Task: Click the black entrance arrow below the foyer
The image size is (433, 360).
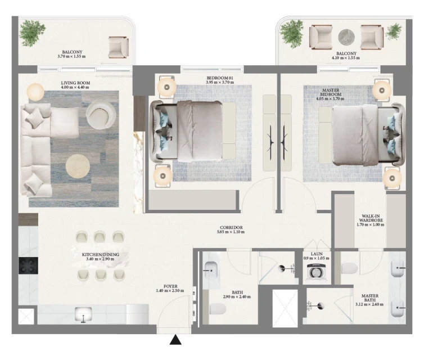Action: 175,340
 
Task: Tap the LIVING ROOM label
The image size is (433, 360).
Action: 75,83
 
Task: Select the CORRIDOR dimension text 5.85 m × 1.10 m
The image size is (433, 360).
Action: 231,232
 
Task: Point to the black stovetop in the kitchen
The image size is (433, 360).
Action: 28,265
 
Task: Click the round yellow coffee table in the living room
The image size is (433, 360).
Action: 78,166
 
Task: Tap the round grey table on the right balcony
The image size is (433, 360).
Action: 346,37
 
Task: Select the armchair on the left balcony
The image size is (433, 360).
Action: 118,47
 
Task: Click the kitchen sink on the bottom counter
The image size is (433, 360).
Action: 83,314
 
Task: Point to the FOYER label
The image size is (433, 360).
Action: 170,286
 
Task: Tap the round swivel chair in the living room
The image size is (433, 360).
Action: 101,114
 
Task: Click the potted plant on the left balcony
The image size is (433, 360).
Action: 33,33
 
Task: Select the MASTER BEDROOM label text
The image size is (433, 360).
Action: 331,92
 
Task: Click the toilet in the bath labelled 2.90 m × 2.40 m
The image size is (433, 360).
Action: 218,309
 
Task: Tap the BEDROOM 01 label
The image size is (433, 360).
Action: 220,78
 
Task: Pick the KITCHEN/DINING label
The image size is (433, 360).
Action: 101,254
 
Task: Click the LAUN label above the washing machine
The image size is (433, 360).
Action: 317,254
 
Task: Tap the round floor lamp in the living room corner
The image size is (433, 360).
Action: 35,92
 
